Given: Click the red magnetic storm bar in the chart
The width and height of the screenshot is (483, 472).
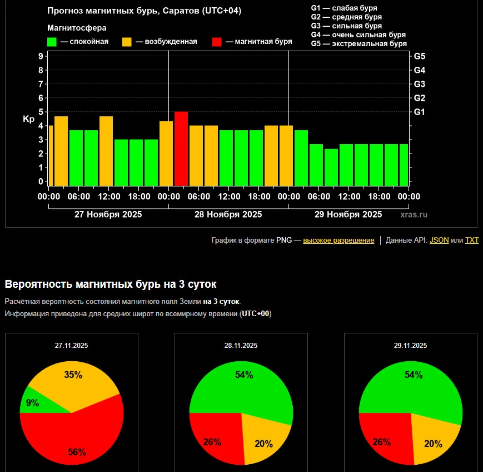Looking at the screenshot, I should tap(181, 149).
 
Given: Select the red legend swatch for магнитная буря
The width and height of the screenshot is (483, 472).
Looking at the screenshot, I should tap(217, 42).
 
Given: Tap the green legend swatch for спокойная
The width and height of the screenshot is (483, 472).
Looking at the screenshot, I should tap(52, 42).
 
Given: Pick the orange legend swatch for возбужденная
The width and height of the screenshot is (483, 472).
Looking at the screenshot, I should tap(127, 42).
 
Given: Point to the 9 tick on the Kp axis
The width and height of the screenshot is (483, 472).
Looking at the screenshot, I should tap(41, 56).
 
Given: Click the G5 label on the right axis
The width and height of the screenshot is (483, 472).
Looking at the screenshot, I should tap(420, 56).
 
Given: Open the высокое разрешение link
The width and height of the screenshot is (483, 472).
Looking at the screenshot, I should tap(338, 240).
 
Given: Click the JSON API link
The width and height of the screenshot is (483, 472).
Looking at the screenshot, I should tap(439, 240).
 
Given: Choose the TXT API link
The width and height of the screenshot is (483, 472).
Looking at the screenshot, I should tap(471, 240).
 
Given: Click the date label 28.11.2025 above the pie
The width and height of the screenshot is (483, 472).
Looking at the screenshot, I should tap(241, 346).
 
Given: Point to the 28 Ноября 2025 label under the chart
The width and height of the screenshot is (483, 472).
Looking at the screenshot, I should tap(228, 214).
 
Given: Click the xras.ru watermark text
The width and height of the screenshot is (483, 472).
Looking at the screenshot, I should tap(414, 214).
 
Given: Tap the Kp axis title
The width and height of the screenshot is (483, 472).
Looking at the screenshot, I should tap(29, 119).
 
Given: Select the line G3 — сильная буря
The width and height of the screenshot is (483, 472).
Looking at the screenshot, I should tap(346, 26).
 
